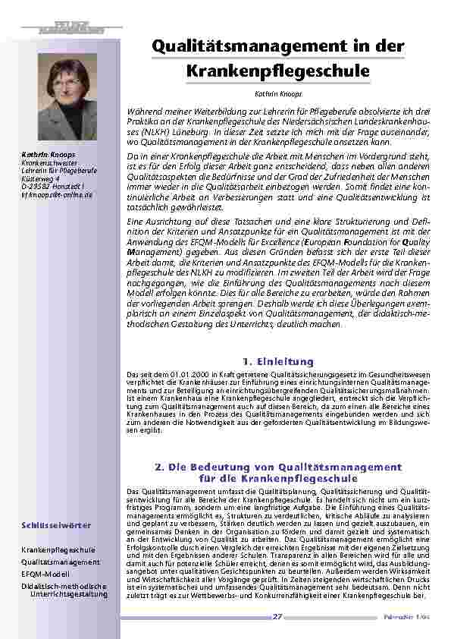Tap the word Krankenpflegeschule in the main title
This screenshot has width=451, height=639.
(277, 71)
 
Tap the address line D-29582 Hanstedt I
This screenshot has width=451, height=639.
(52, 187)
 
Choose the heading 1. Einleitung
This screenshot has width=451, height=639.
(277, 360)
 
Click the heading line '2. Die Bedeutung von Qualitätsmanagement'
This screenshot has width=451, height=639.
(277, 467)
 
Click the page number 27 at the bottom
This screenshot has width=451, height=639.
(277, 617)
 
